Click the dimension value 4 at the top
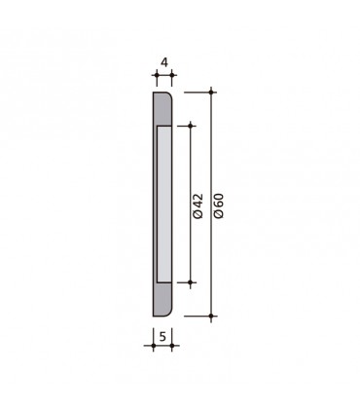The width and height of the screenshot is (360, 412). pyautogui.click(x=164, y=62)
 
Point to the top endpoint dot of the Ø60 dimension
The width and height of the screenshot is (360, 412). pyautogui.click(x=212, y=92)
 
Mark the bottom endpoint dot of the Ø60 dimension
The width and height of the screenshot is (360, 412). pyautogui.click(x=212, y=317)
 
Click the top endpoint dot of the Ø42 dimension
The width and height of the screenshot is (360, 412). pyautogui.click(x=191, y=125)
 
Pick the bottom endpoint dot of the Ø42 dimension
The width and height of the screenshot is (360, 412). pyautogui.click(x=191, y=283)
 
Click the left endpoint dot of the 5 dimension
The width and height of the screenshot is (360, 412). pyautogui.click(x=154, y=347)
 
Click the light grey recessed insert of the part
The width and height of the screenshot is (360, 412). pyautogui.click(x=165, y=204)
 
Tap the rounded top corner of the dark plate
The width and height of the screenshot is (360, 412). pyautogui.click(x=167, y=96)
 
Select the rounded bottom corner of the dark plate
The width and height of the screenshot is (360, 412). pyautogui.click(x=167, y=312)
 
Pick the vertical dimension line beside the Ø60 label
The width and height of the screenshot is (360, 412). pyautogui.click(x=212, y=146)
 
